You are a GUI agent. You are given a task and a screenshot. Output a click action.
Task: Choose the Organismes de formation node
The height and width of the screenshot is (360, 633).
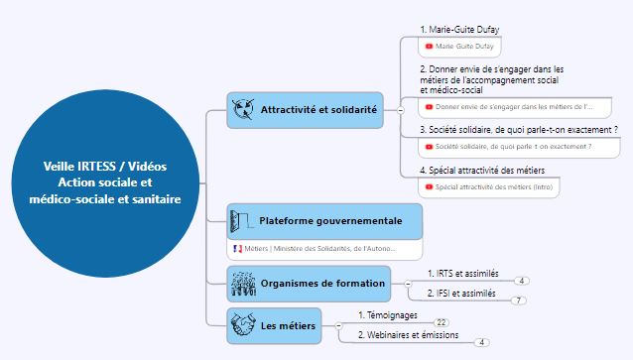coord(321,284)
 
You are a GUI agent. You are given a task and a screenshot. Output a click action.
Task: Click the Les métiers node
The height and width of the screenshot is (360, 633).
coord(287,325)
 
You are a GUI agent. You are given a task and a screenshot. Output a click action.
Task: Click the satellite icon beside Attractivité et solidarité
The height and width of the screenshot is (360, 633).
coord(241,109)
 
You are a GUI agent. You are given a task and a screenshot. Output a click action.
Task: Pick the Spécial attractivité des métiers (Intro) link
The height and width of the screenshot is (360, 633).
coord(490,186)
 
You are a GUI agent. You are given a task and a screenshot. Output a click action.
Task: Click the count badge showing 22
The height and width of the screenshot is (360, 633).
coord(442,322)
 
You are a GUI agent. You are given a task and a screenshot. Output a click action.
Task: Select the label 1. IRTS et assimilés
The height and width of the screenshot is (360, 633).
coord(462,272)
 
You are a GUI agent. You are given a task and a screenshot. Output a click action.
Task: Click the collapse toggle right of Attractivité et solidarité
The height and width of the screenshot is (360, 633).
coord(400,110)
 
